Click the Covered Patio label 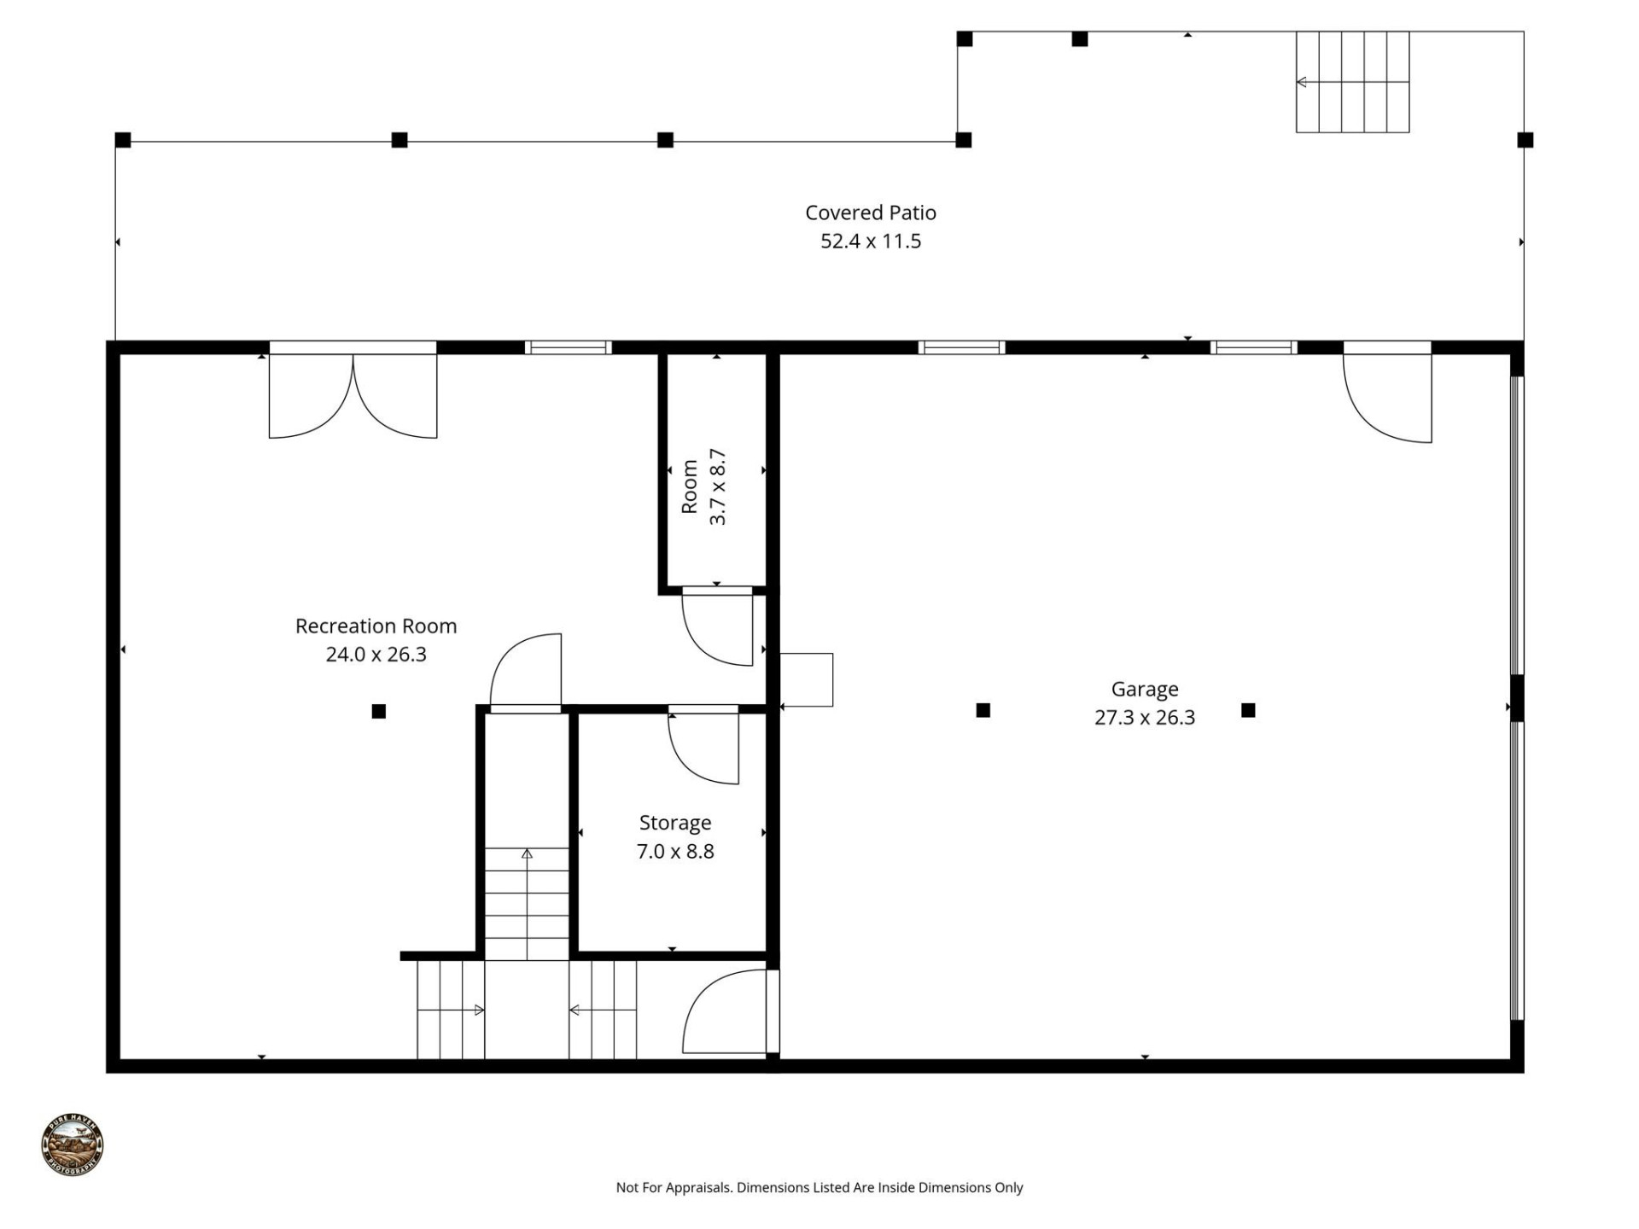[x=870, y=213]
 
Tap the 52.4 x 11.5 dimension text [x=870, y=242]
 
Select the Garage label [x=1144, y=689]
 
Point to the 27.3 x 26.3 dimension [x=1144, y=718]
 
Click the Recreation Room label [x=376, y=626]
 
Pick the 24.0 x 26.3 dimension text [x=376, y=655]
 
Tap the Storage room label [x=674, y=823]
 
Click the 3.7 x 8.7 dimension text [x=718, y=486]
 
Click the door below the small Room [x=718, y=627]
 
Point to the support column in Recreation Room [x=379, y=711]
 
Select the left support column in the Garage [x=983, y=710]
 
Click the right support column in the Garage [x=1248, y=710]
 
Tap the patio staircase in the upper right [x=1352, y=82]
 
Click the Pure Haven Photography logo [x=73, y=1145]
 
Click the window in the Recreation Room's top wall [x=568, y=347]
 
